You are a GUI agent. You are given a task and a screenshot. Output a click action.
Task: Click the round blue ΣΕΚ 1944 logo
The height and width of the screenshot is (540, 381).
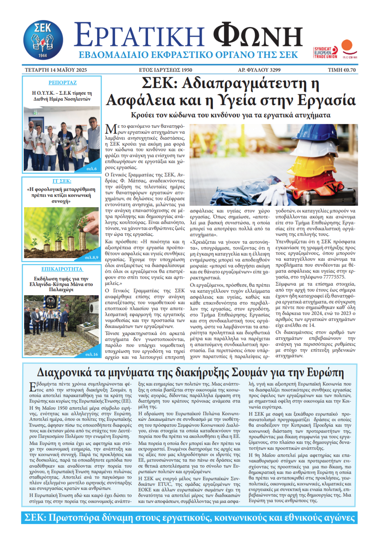coord(43,40)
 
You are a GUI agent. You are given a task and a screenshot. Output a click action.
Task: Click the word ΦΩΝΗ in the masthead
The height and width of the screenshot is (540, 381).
coord(258,36)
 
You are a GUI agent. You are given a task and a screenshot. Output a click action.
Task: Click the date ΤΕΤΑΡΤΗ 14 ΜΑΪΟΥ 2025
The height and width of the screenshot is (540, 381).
coord(56,70)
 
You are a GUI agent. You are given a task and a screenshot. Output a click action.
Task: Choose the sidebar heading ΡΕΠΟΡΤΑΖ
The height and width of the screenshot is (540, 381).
coord(63,83)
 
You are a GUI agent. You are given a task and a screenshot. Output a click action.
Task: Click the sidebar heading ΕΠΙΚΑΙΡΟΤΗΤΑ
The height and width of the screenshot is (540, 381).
coord(62,269)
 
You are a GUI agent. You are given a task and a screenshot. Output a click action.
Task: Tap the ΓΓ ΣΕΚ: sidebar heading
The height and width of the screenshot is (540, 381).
coord(62,181)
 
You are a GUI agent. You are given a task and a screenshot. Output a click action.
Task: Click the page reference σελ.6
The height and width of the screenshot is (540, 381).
coord(92,168)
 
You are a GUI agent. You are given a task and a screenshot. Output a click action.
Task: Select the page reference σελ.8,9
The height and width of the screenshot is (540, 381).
coord(91,257)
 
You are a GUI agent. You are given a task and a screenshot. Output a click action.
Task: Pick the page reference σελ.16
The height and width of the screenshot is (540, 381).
coord(92,354)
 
